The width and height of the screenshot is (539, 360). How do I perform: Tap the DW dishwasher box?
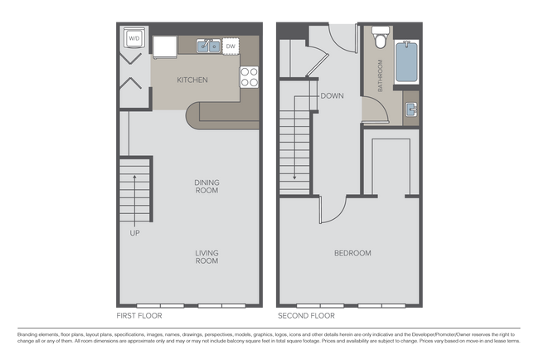[231, 46]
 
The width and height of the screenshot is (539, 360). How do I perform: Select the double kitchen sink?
[208, 46]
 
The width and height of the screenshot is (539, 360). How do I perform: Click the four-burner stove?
[250, 77]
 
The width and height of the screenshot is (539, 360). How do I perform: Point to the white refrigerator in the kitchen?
[165, 46]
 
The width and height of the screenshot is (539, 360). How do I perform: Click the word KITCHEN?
[192, 80]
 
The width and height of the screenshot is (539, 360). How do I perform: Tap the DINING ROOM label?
[206, 187]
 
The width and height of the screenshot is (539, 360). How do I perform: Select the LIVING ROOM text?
[206, 257]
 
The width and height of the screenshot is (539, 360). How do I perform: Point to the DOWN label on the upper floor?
[332, 95]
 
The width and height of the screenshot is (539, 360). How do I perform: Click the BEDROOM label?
[352, 253]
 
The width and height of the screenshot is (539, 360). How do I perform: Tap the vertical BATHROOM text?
[381, 75]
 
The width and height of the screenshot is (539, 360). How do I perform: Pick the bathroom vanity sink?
[410, 109]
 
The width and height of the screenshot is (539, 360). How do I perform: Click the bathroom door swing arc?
[371, 108]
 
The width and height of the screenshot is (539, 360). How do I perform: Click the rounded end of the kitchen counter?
[197, 117]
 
